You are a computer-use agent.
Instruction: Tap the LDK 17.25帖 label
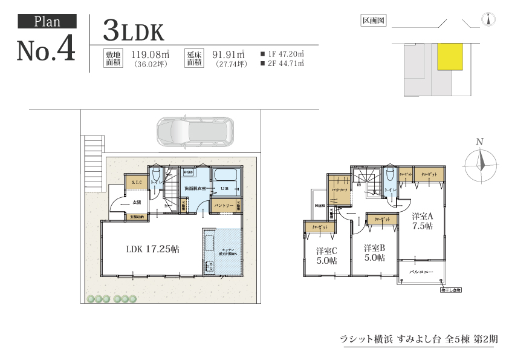click(152, 249)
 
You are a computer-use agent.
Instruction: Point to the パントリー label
click(224, 206)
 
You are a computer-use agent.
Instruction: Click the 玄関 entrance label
click(137, 202)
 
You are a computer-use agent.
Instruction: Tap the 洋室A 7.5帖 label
click(422, 221)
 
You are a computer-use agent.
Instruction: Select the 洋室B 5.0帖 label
click(374, 253)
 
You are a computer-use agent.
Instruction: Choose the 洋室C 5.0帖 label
click(326, 255)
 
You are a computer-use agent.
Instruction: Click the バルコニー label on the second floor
click(421, 272)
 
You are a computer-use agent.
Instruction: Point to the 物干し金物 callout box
click(450, 290)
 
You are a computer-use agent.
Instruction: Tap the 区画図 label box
click(373, 21)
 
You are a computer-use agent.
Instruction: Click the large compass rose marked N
click(480, 162)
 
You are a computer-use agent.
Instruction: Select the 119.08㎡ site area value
click(149, 53)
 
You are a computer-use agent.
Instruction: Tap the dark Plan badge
click(47, 22)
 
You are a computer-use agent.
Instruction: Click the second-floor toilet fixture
click(388, 177)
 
